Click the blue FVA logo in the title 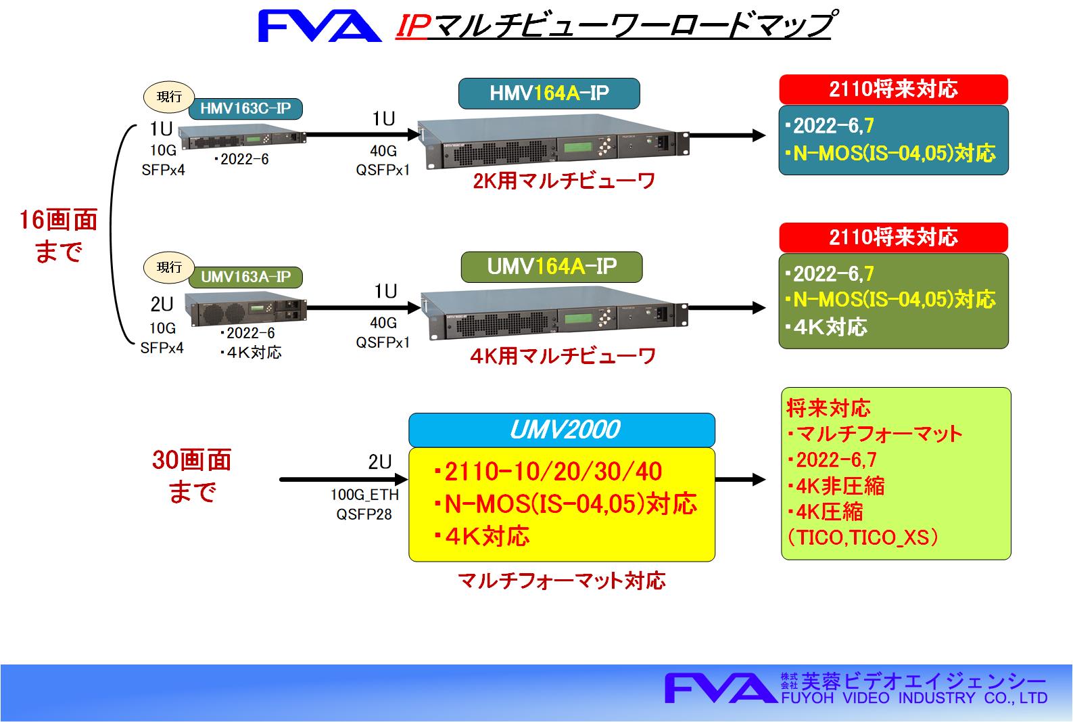(x=320, y=26)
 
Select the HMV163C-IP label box (x=245, y=108)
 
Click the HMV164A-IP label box (x=549, y=93)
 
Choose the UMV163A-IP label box (x=245, y=277)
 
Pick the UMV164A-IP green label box (x=552, y=267)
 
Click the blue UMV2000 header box (x=562, y=430)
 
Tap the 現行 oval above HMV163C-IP (x=169, y=97)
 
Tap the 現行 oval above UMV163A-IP (x=169, y=267)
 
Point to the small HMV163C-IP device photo (x=242, y=137)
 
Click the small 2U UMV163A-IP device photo (x=245, y=309)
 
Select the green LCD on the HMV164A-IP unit (x=577, y=146)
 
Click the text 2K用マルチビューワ (x=564, y=181)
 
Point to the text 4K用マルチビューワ (x=563, y=356)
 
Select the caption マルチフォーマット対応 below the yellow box (x=562, y=581)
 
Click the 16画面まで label (x=59, y=235)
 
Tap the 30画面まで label (x=192, y=476)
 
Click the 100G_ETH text (x=364, y=495)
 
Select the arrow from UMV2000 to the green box (x=740, y=479)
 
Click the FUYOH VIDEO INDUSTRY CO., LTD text (x=914, y=698)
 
